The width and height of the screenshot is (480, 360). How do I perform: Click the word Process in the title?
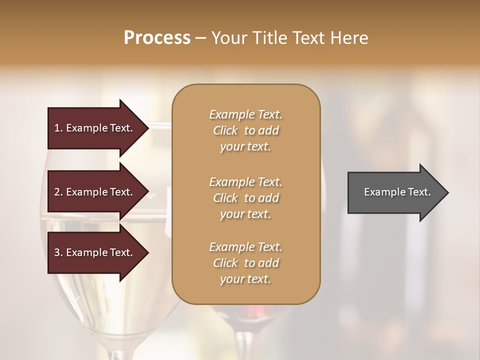(157, 38)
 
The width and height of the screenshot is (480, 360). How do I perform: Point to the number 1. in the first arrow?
(58, 128)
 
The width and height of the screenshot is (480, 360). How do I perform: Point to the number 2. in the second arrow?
(58, 192)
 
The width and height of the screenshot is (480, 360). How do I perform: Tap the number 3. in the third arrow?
(58, 252)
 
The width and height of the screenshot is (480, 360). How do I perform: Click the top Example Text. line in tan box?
(245, 114)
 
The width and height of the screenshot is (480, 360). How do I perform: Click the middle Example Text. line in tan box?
(245, 182)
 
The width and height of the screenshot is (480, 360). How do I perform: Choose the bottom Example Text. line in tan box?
(245, 247)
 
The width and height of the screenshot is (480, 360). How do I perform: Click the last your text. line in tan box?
(245, 279)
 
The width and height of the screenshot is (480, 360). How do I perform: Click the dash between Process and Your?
(200, 38)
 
